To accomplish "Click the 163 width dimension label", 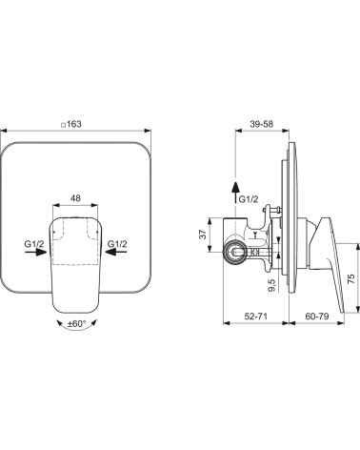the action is point(74,124).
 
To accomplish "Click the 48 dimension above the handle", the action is point(75,198).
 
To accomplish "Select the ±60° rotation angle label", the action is point(76,324).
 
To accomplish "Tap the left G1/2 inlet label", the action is point(34,244).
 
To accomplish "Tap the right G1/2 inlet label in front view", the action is point(117,244).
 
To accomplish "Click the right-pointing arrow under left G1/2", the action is point(35,252).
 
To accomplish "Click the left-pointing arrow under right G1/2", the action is point(116,252).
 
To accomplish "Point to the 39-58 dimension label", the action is point(261,124).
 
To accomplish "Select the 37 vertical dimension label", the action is point(204,235).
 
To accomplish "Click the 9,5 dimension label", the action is point(273,285).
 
